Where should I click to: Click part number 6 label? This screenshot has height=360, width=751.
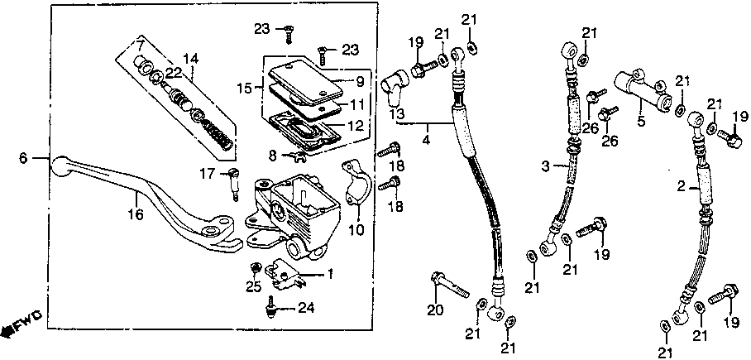23,157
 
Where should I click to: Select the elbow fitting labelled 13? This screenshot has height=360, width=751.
395,82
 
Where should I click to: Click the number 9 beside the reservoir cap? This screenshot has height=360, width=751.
360,82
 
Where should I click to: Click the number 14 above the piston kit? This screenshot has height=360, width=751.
191,58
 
